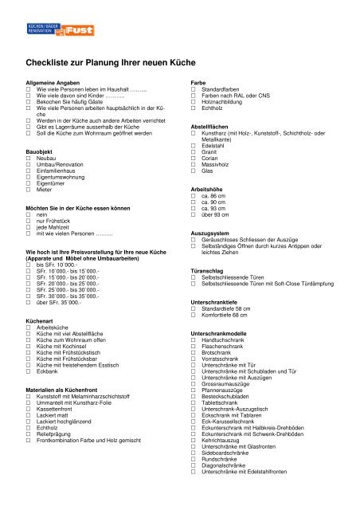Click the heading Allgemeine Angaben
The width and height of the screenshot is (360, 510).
(56, 82)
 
